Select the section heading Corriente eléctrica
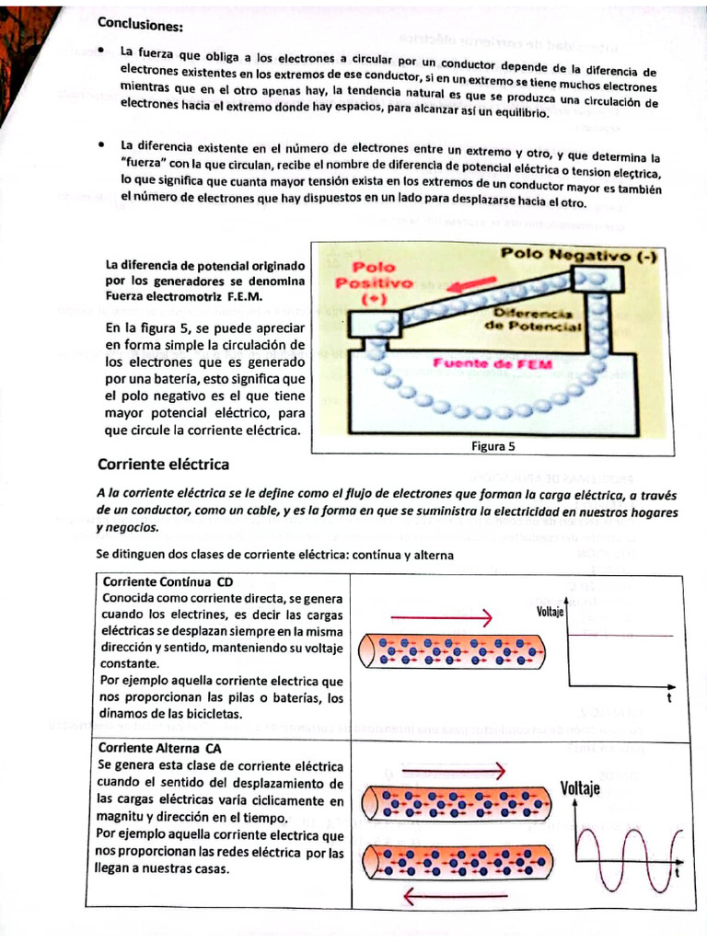coord(163,464)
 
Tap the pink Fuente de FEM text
coord(493,363)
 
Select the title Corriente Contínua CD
coord(168,582)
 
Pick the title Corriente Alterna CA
coord(163,748)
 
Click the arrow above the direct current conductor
coord(443,616)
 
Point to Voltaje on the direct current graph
coord(551,611)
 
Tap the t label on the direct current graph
coord(669,698)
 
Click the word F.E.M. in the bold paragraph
coord(242,296)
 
